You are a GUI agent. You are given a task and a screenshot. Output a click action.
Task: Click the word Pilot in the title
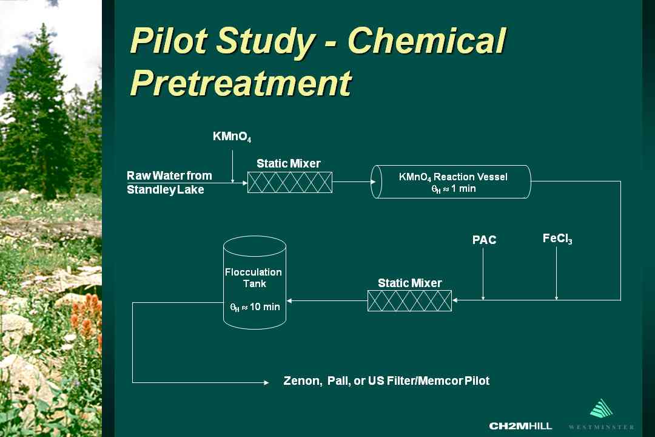click(169, 41)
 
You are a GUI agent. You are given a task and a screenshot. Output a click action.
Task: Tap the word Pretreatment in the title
click(241, 83)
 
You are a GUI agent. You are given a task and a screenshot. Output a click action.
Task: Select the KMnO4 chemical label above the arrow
click(232, 137)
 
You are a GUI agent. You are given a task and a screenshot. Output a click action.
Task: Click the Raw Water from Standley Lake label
click(169, 182)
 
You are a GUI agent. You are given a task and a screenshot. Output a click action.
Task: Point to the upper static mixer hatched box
click(290, 182)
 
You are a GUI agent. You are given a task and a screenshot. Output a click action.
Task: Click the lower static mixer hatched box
click(410, 300)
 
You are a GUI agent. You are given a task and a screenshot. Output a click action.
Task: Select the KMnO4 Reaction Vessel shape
click(451, 182)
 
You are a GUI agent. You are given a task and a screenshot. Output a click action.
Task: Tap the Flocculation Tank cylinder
click(254, 283)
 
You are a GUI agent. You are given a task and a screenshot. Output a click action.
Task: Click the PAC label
click(484, 240)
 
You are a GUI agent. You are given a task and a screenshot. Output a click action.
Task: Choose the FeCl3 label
click(557, 239)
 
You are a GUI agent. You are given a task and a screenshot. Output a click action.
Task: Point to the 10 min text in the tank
click(265, 307)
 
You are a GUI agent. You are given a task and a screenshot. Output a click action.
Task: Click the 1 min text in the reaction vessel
click(463, 189)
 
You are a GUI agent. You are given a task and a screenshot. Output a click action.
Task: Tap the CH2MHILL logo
click(520, 426)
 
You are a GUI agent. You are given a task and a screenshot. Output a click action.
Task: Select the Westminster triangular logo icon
click(602, 408)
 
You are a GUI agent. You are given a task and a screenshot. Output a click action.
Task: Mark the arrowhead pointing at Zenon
click(266, 382)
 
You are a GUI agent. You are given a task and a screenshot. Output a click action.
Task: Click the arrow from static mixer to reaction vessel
click(354, 182)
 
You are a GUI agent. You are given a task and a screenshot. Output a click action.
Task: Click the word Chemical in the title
click(426, 41)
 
